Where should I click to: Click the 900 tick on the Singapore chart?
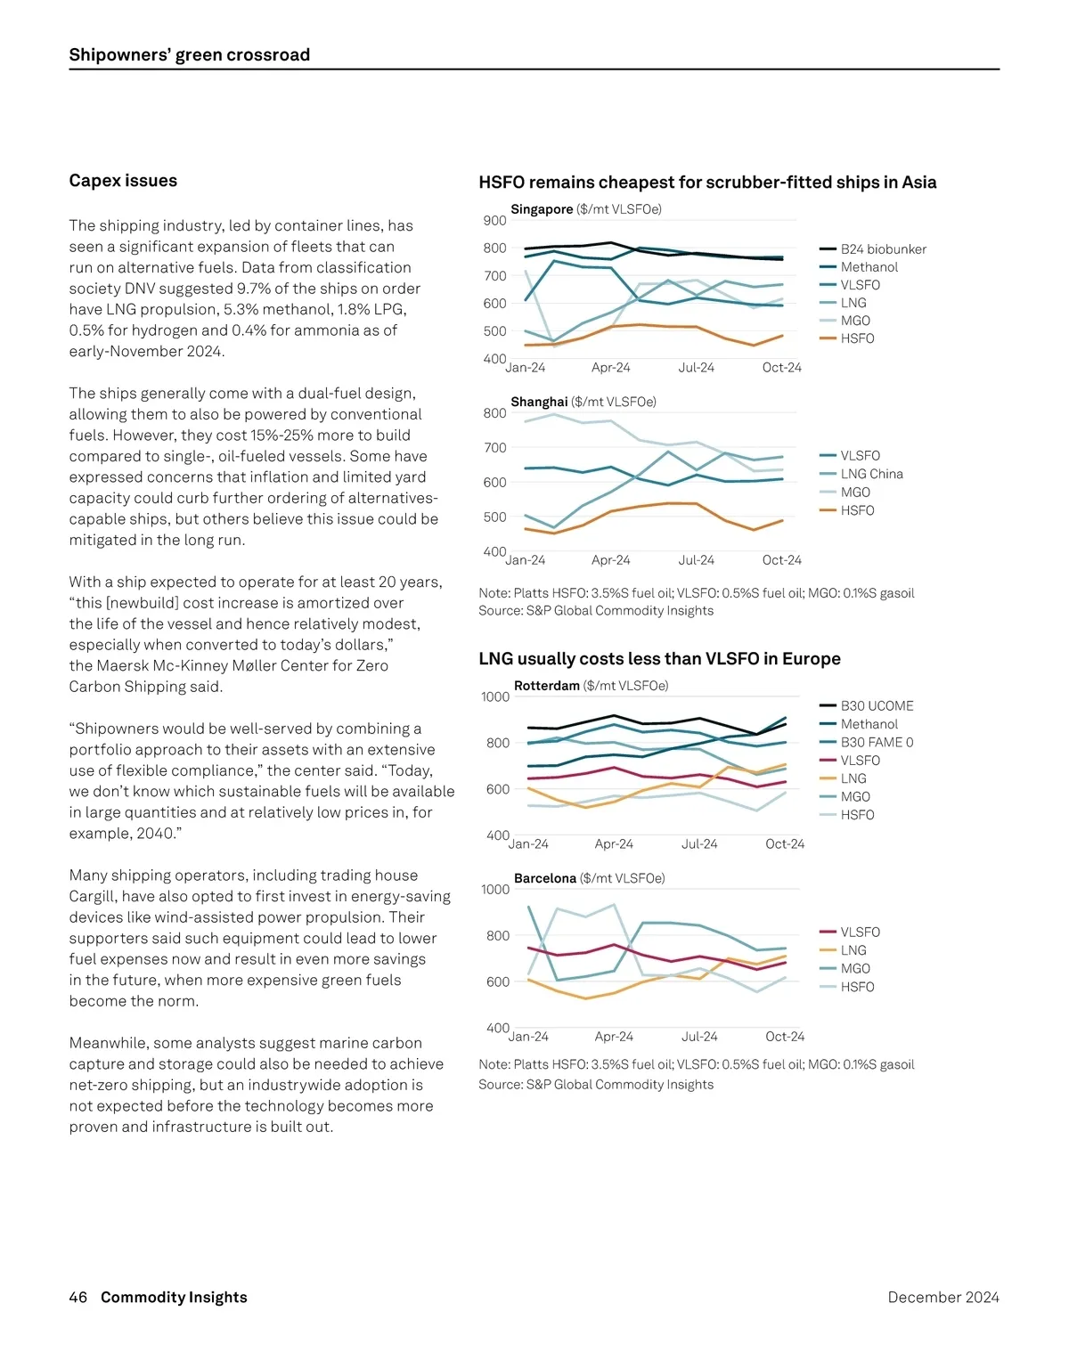[494, 221]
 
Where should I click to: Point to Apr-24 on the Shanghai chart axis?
[610, 560]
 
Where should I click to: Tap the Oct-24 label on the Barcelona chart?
[784, 1037]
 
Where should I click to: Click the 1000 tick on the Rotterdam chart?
[495, 697]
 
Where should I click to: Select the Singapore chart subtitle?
[585, 209]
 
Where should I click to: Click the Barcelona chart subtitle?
[589, 878]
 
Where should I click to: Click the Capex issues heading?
[123, 181]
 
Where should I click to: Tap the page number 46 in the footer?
[78, 1298]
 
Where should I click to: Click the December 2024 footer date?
[943, 1298]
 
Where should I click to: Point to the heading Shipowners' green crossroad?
[190, 55]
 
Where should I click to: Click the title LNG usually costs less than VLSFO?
[659, 659]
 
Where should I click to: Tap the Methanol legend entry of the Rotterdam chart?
[869, 724]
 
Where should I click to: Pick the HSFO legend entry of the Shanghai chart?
[857, 510]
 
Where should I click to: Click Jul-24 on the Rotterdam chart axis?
[698, 844]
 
